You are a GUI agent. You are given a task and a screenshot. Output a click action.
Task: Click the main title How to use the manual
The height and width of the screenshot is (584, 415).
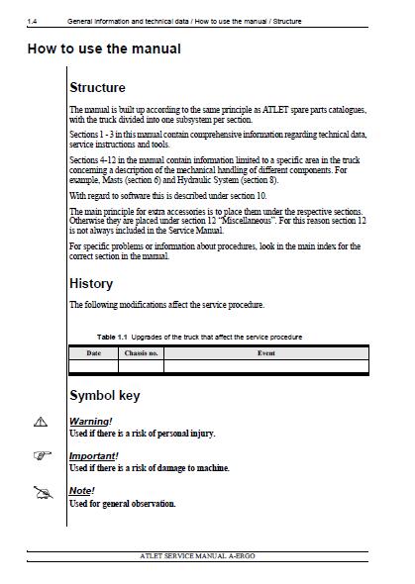(x=103, y=49)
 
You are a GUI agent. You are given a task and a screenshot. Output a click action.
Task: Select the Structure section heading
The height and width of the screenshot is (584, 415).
(x=97, y=88)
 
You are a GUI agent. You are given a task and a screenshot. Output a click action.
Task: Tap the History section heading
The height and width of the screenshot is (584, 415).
(x=91, y=284)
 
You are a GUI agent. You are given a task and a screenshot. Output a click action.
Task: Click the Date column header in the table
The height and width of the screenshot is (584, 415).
(x=93, y=352)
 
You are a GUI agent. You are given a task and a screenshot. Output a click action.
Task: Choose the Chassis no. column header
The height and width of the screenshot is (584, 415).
(x=141, y=352)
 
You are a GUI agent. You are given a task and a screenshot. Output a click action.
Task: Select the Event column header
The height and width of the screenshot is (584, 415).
(x=265, y=352)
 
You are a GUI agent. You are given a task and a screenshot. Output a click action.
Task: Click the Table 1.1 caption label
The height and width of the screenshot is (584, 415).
(x=113, y=337)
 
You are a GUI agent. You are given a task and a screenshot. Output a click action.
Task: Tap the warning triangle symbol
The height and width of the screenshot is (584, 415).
(x=40, y=423)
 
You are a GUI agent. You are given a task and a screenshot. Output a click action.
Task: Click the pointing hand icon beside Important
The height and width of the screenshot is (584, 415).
(x=40, y=456)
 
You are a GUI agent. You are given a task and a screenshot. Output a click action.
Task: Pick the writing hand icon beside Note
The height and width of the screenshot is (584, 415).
(x=41, y=492)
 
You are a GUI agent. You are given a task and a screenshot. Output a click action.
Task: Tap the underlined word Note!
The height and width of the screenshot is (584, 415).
(x=81, y=490)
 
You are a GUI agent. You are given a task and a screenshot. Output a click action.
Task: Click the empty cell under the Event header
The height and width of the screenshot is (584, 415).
(x=265, y=365)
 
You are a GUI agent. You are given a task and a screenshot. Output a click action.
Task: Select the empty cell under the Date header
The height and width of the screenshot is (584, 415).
(x=93, y=365)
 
